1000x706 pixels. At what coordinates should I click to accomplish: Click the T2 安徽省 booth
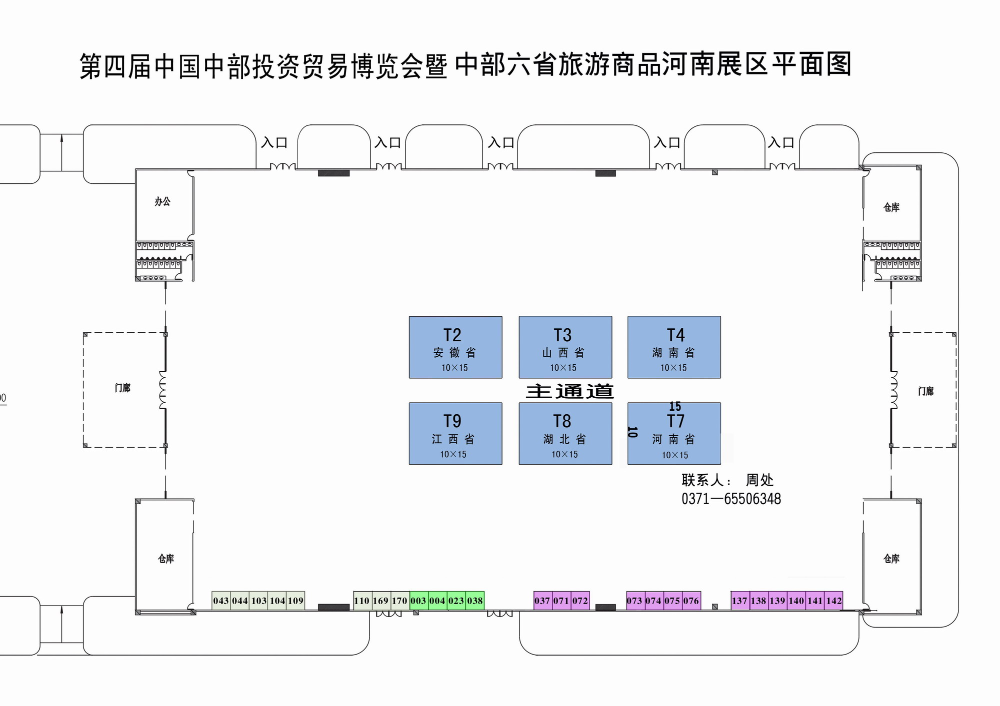[455, 347]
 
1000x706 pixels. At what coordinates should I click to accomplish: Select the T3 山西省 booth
[565, 347]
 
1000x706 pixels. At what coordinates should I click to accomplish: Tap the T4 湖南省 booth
[674, 347]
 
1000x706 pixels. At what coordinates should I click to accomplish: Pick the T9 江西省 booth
[455, 434]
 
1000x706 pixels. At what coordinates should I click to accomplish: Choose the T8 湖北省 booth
[565, 434]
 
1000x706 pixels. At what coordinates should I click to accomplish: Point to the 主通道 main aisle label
[569, 391]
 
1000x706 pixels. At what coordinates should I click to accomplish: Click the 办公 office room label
[162, 201]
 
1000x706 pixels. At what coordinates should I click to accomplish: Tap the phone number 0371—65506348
[731, 499]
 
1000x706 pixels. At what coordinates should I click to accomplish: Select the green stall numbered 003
[418, 601]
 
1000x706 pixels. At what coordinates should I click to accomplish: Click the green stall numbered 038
[475, 601]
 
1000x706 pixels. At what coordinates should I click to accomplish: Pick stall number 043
[221, 601]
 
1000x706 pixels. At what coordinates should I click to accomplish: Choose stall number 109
[295, 601]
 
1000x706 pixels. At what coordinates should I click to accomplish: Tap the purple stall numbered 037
[542, 601]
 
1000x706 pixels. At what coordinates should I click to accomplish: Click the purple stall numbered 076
[691, 601]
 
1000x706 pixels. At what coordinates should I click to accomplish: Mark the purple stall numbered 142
[833, 601]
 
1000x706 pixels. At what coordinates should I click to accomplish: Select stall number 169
[380, 601]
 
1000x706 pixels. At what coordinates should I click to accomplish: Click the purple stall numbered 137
[739, 601]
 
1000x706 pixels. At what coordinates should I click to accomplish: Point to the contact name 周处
[759, 480]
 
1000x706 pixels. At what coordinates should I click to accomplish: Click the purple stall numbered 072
[580, 601]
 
